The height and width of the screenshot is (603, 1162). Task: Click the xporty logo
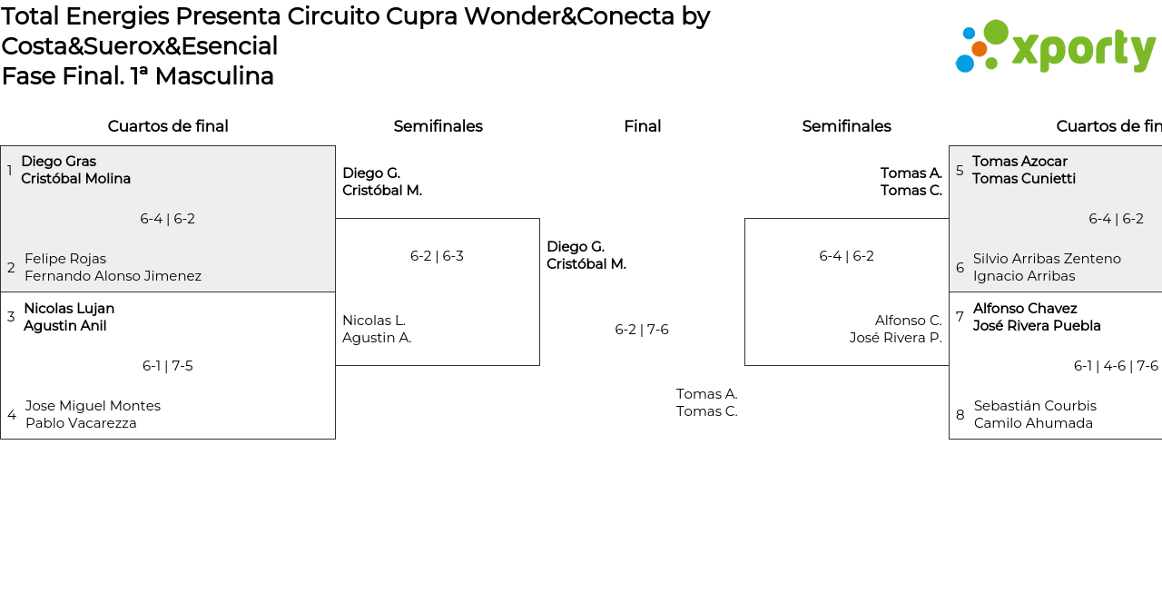click(1055, 46)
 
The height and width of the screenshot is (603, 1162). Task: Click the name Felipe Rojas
click(65, 259)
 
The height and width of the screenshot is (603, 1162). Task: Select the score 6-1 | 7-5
click(167, 366)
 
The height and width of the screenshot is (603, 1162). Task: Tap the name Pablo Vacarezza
click(81, 423)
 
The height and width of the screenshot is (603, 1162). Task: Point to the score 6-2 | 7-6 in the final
click(641, 330)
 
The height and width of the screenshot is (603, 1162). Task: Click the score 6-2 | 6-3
click(437, 256)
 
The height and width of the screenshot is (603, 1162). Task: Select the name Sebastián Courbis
click(1035, 406)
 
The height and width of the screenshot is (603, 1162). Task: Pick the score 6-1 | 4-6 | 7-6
click(1116, 366)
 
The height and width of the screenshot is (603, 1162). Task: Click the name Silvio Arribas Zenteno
click(1047, 259)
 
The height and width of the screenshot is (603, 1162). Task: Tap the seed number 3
click(11, 317)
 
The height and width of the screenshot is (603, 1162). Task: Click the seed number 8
click(960, 415)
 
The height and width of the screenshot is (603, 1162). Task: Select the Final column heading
click(642, 126)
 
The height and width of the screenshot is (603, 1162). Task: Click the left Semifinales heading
click(438, 126)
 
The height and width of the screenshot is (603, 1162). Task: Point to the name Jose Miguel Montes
click(93, 406)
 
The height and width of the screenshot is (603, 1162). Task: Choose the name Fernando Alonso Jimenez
click(113, 276)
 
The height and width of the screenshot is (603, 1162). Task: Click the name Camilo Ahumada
click(1033, 423)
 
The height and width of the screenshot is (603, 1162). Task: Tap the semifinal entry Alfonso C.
click(908, 321)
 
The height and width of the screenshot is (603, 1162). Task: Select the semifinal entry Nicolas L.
click(374, 321)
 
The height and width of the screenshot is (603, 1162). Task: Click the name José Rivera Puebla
click(1037, 326)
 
